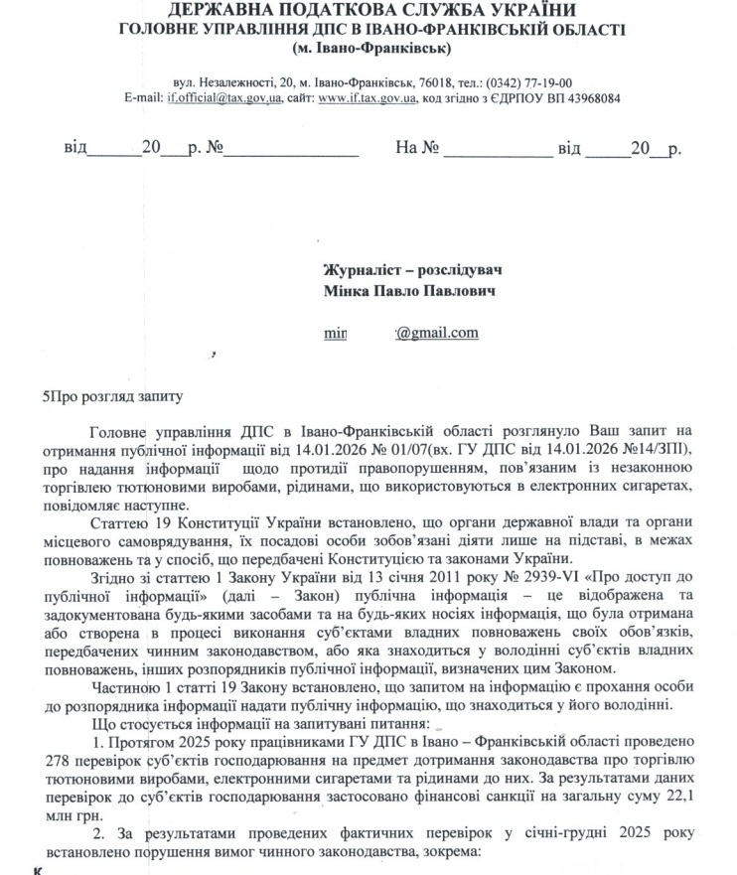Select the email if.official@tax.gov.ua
224,98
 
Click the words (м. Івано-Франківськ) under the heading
371,47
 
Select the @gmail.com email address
437,333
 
